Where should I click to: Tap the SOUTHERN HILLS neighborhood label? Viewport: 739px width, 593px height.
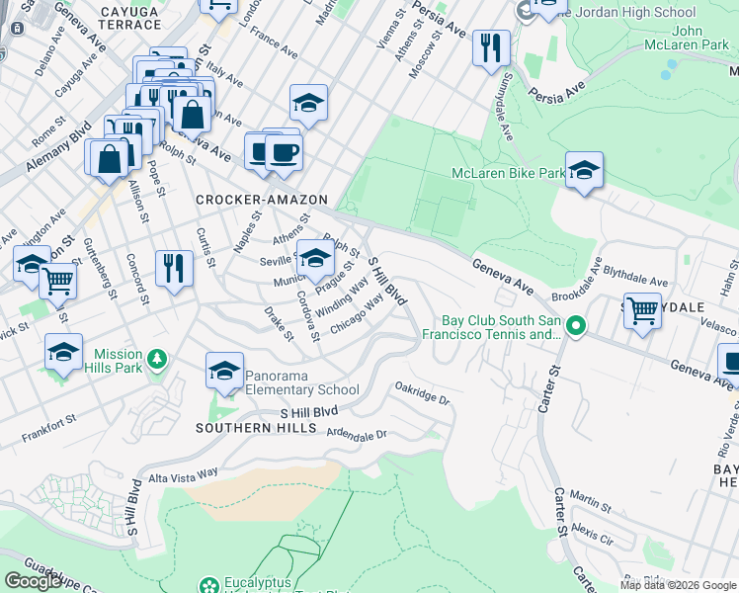click(256, 428)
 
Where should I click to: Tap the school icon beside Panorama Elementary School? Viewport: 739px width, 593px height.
click(224, 372)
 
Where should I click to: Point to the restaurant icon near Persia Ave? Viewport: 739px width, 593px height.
click(491, 47)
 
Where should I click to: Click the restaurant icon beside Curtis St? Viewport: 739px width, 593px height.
click(174, 268)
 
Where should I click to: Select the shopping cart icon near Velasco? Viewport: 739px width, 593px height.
click(642, 311)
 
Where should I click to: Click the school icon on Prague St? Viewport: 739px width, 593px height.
click(315, 259)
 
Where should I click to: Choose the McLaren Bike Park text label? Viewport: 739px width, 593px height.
click(508, 173)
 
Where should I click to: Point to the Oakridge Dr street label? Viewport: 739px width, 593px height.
click(422, 393)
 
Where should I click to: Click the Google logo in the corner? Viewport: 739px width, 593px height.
click(33, 581)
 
